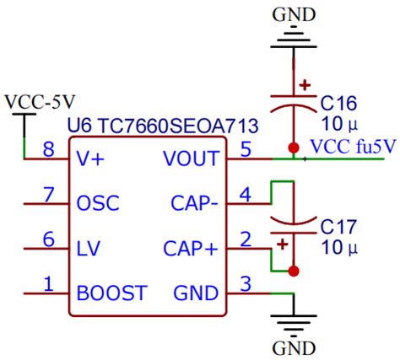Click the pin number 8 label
pyautogui.click(x=48, y=149)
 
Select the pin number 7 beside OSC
pyautogui.click(x=48, y=195)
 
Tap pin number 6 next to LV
pyautogui.click(x=48, y=240)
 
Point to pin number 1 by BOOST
pyautogui.click(x=48, y=285)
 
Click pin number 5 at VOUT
pyautogui.click(x=246, y=149)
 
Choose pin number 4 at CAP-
pyautogui.click(x=246, y=195)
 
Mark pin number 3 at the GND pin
pyautogui.click(x=246, y=285)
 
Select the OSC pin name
pyautogui.click(x=98, y=203)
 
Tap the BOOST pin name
pyautogui.click(x=111, y=293)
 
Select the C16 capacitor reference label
pyautogui.click(x=340, y=103)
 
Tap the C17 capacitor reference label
pyautogui.click(x=339, y=226)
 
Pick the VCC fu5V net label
pyautogui.click(x=352, y=146)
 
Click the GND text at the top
pyautogui.click(x=293, y=13)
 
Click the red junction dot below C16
pyautogui.click(x=293, y=147)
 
